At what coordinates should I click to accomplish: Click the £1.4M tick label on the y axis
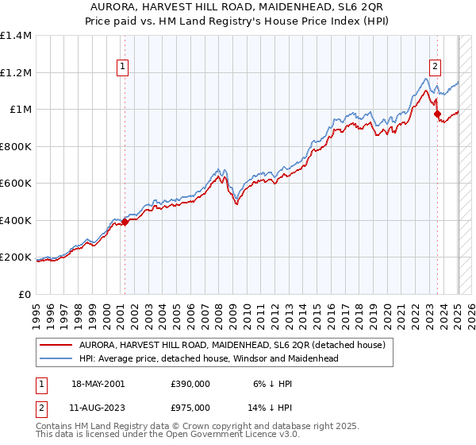coord(16,36)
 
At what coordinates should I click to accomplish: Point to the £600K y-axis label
coord(16,184)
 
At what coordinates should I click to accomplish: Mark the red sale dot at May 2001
coord(125,222)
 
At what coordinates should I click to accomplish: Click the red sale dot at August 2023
coord(437,114)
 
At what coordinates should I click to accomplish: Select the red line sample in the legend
coord(56,345)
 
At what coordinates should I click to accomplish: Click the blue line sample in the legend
coord(56,358)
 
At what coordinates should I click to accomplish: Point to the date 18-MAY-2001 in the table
coord(98,384)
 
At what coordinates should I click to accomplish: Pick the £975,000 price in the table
coord(190,408)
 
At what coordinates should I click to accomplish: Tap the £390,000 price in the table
coord(190,384)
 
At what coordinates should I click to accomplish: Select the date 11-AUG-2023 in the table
coord(98,408)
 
